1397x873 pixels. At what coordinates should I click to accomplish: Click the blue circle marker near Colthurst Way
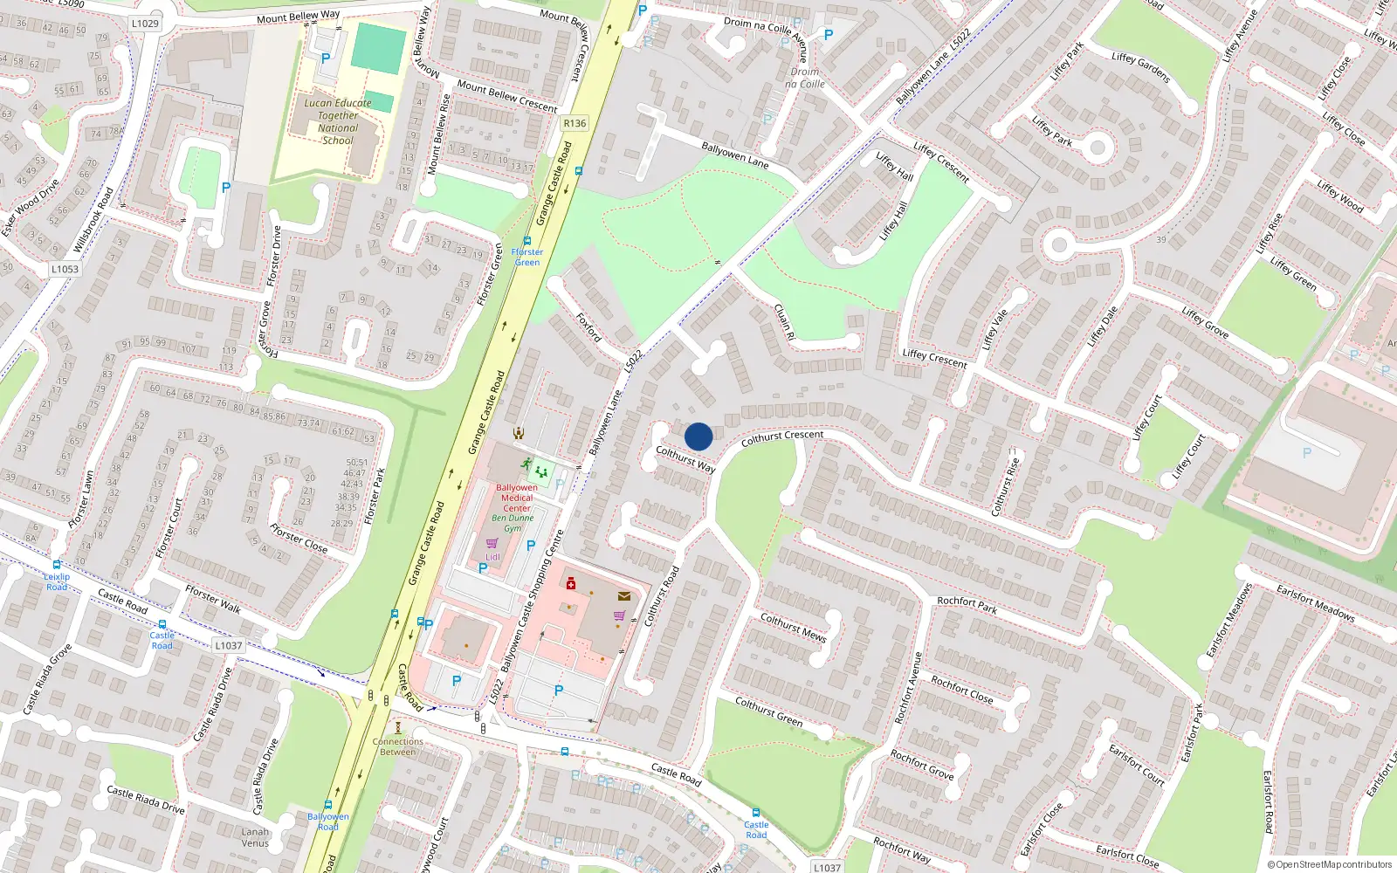698,436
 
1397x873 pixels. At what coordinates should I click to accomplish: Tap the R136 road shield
575,123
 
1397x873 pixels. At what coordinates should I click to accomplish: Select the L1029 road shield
145,24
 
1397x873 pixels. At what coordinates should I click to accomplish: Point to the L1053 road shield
65,269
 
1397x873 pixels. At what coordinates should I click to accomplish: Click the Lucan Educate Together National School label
338,121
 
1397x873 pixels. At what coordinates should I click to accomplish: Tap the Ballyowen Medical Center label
517,498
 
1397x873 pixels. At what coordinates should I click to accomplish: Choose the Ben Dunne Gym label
513,523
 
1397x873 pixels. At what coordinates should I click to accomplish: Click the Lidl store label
492,557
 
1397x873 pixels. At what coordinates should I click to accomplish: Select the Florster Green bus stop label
526,257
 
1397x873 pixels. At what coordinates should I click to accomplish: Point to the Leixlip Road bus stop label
57,581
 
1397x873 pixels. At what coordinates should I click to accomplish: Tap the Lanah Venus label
255,837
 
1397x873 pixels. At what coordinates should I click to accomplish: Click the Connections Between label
398,746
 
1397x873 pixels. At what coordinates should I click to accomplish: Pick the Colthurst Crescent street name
782,437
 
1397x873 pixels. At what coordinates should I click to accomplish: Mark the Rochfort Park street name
967,604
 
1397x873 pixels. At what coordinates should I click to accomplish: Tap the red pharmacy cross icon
571,583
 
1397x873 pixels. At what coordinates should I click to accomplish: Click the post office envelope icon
624,596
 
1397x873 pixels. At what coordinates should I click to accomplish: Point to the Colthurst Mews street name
793,627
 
